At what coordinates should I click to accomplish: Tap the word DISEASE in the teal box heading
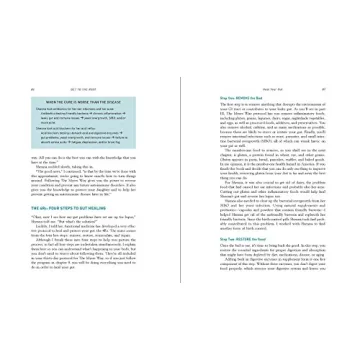pos(125,102)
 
